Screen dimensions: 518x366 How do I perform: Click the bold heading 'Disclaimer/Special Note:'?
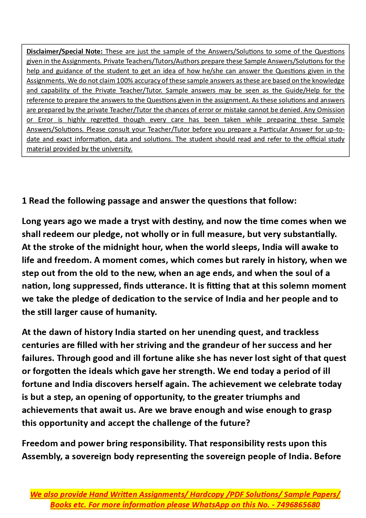[x=65, y=52]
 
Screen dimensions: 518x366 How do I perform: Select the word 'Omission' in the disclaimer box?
[x=331, y=110]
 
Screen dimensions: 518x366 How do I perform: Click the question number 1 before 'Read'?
[x=24, y=201]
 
